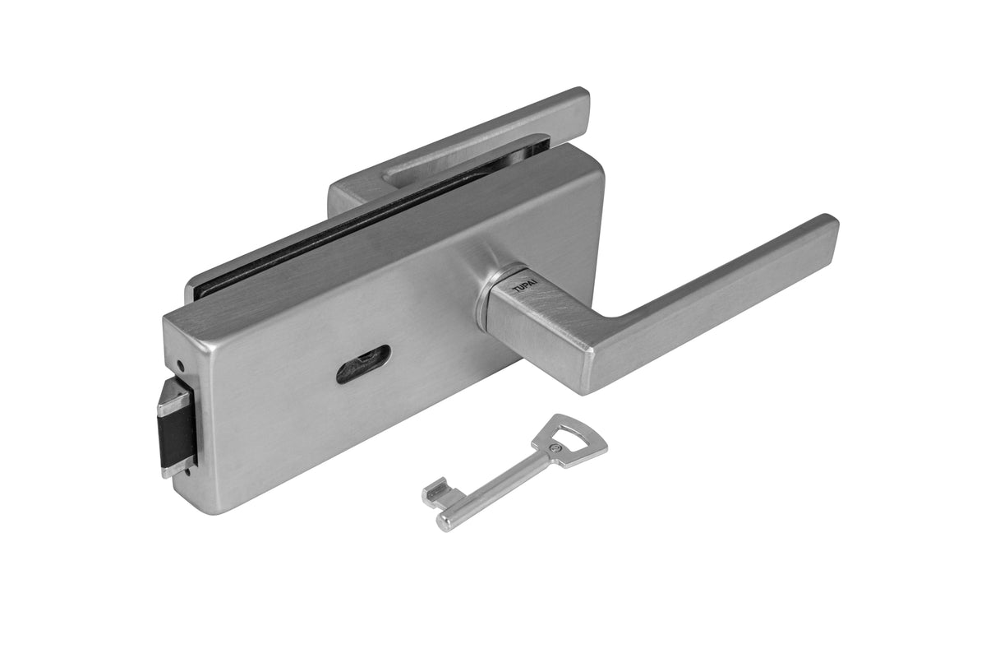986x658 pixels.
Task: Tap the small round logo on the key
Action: click(557, 448)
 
